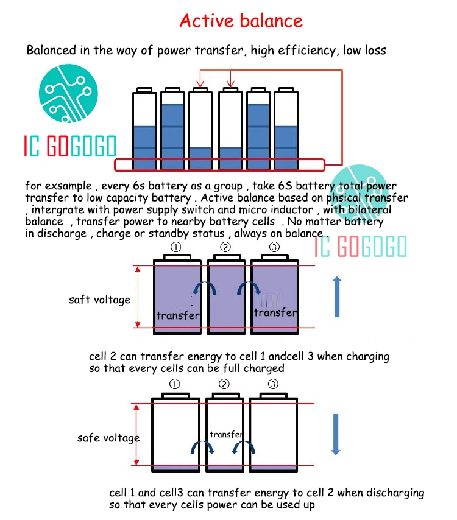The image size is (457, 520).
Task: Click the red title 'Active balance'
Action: point(241,21)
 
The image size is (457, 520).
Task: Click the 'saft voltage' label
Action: point(99,300)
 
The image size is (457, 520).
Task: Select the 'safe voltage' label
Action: point(108,438)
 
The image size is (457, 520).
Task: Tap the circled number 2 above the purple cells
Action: point(225,247)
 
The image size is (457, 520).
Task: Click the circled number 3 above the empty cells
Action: point(273,384)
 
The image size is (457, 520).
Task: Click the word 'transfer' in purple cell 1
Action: point(178,315)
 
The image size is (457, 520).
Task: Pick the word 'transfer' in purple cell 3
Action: point(275,312)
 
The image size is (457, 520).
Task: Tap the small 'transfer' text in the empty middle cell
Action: point(226,434)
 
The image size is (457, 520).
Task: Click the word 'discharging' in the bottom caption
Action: point(391,493)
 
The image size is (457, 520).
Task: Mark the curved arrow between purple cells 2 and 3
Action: point(247,287)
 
